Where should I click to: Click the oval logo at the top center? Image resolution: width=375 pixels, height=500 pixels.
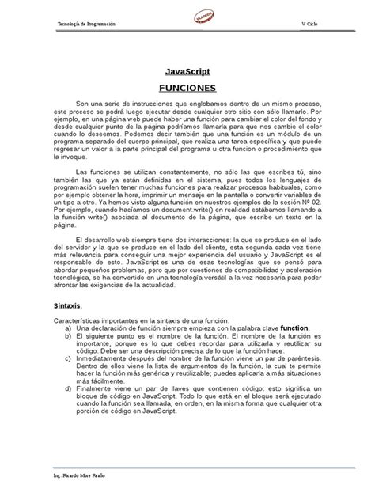pos(187,20)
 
